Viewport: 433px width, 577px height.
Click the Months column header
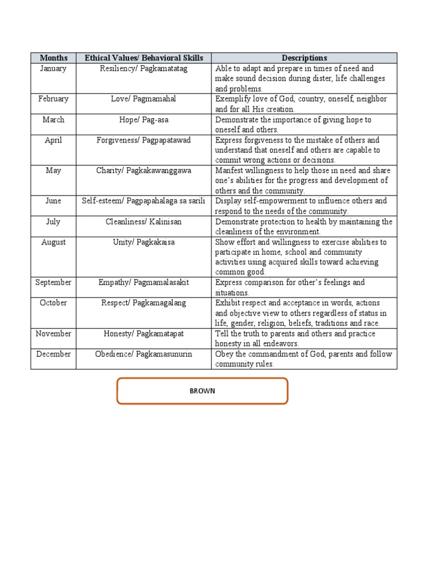point(54,58)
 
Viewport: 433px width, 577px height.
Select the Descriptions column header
point(304,58)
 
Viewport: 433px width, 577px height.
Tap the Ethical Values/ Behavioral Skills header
point(144,58)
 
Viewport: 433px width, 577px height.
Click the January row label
point(54,69)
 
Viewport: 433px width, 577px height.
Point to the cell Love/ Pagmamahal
point(144,99)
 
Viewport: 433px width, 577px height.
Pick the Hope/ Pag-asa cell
point(144,120)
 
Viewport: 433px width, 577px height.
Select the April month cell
point(54,140)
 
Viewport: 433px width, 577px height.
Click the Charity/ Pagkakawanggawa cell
point(144,171)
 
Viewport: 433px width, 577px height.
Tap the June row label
point(54,201)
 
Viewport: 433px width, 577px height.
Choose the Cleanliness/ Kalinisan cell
point(144,222)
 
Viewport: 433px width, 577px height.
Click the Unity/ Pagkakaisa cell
point(144,242)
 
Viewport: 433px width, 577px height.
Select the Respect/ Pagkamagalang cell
point(144,303)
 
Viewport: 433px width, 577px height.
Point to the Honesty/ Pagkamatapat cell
point(144,334)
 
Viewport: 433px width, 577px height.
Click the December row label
point(54,354)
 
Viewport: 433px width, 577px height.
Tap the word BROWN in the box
point(202,391)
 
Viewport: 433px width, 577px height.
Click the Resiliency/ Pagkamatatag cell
point(144,69)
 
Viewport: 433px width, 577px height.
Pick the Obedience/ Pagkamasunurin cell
point(144,354)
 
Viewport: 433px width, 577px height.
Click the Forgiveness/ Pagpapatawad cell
point(144,140)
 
